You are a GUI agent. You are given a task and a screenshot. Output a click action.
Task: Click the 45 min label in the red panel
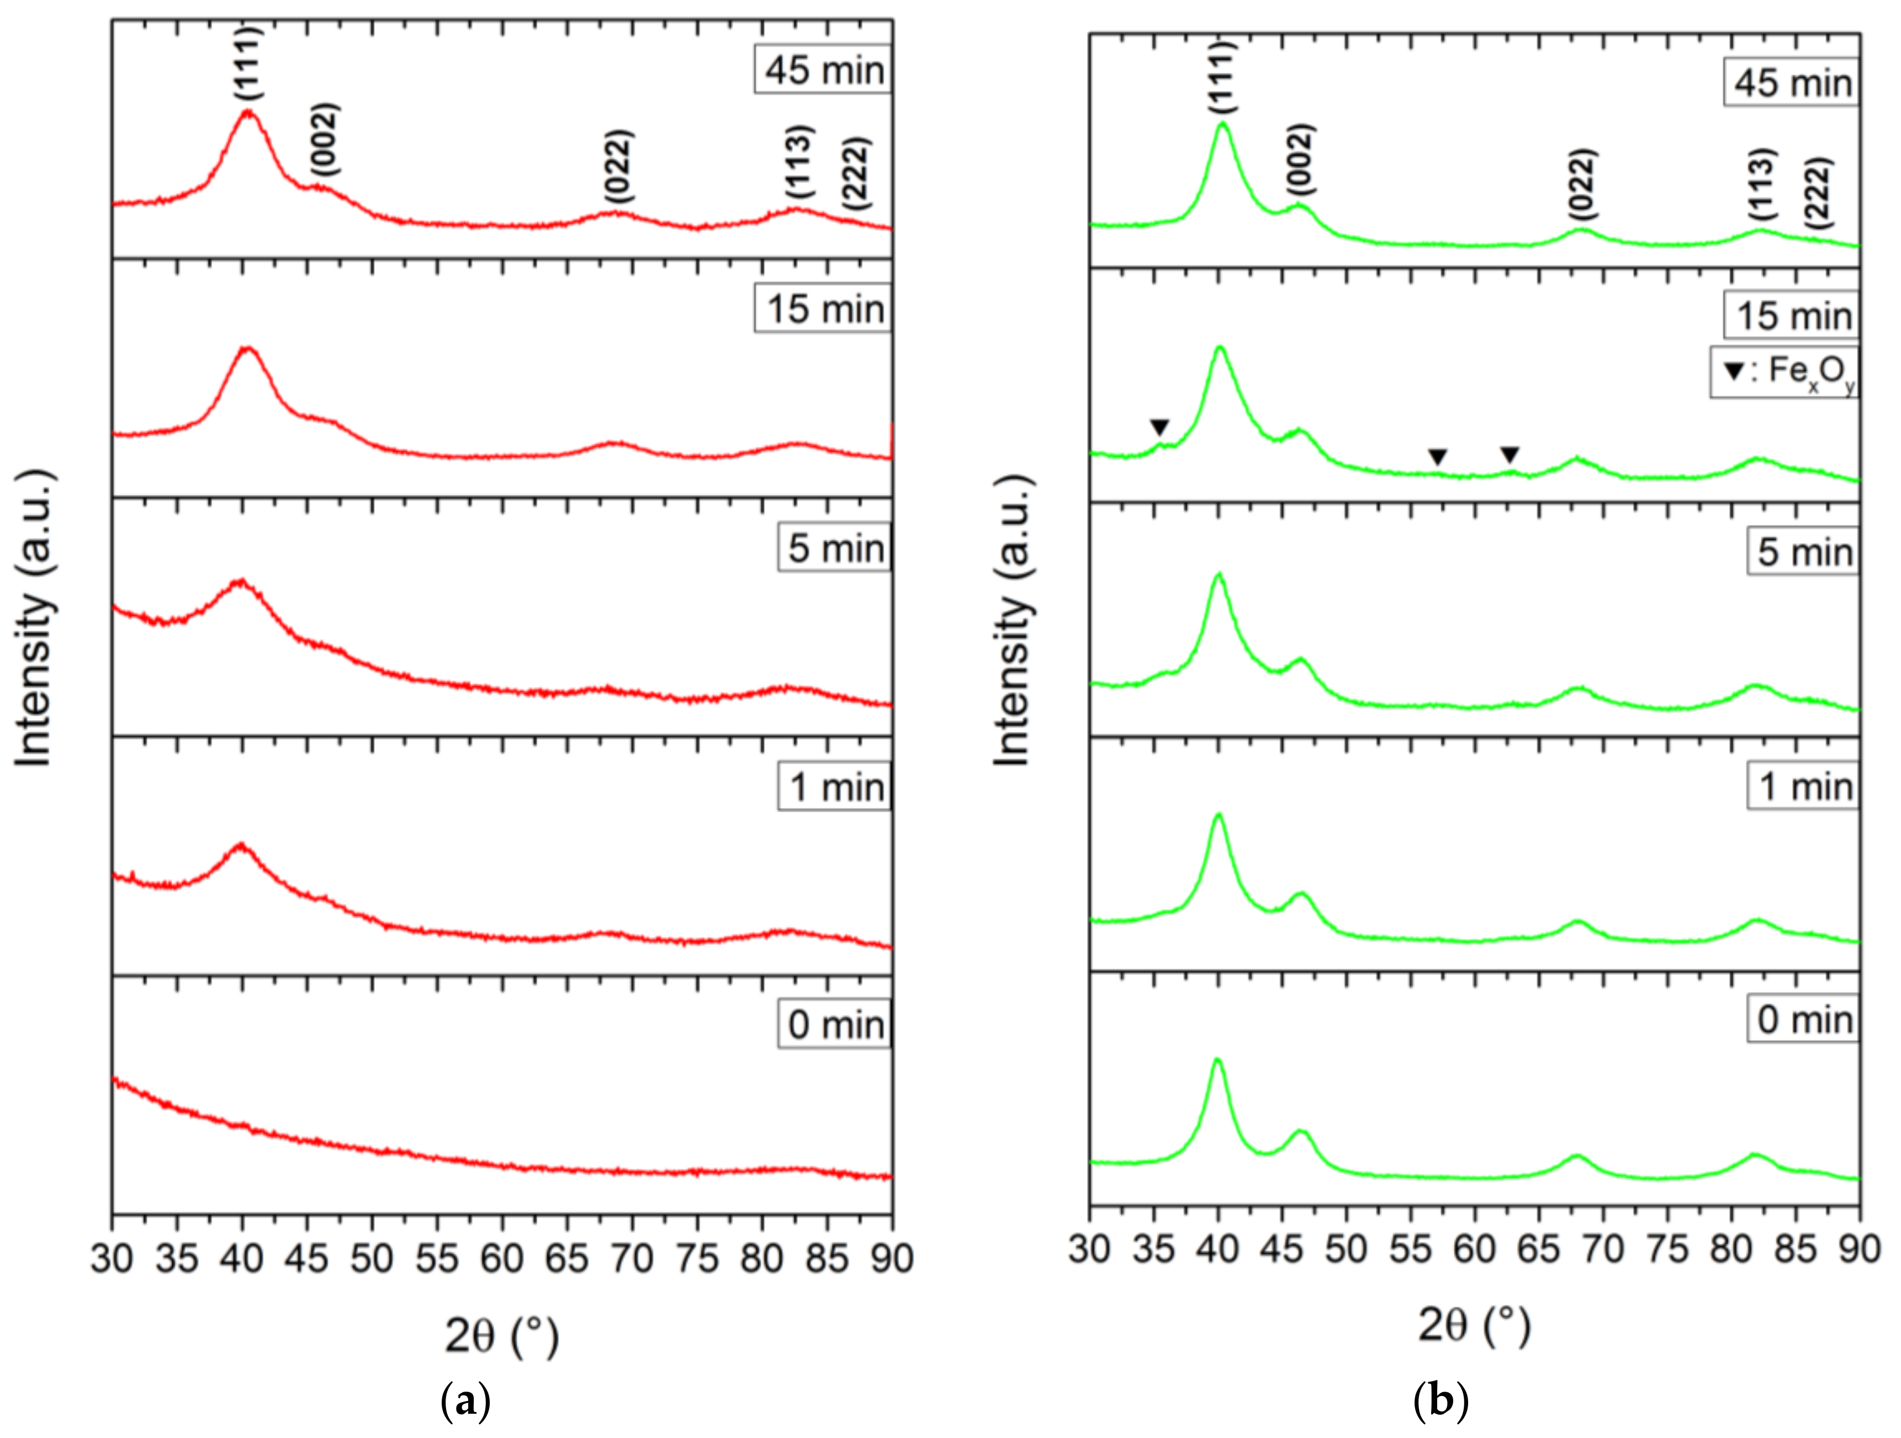pyautogui.click(x=823, y=70)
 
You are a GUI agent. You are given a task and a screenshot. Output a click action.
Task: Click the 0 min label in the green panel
pyautogui.click(x=1803, y=1020)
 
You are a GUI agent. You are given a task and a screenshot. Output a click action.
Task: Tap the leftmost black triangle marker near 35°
pyautogui.click(x=1159, y=427)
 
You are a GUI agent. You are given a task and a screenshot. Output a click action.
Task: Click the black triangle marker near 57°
pyautogui.click(x=1437, y=457)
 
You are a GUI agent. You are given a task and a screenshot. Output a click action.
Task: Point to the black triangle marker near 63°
pyautogui.click(x=1510, y=455)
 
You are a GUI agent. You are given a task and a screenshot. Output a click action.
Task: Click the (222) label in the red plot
pyautogui.click(x=856, y=173)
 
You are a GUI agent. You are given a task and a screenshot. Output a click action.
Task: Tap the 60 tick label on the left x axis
pyautogui.click(x=502, y=1259)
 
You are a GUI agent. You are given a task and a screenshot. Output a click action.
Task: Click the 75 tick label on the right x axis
pyautogui.click(x=1667, y=1249)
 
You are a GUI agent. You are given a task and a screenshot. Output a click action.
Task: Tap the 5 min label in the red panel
pyautogui.click(x=834, y=548)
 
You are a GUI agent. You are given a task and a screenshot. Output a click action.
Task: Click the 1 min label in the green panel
pyautogui.click(x=1803, y=786)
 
